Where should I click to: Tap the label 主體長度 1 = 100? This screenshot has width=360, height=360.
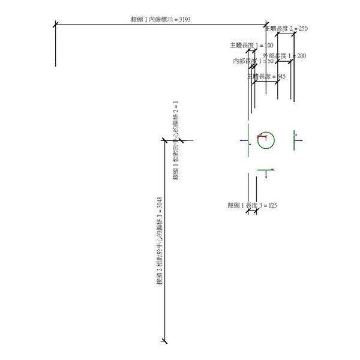(x=251, y=45)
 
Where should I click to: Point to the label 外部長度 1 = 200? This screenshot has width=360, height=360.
(x=284, y=56)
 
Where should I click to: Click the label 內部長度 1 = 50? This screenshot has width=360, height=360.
(x=253, y=61)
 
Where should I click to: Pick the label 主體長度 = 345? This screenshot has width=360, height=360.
(x=266, y=77)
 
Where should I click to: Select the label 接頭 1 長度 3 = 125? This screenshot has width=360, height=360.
(x=252, y=205)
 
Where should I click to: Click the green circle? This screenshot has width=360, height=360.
(x=266, y=141)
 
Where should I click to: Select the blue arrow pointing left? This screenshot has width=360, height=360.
(x=243, y=141)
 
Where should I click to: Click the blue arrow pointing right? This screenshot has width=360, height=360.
(x=299, y=141)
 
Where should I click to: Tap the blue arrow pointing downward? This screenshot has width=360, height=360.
(x=266, y=177)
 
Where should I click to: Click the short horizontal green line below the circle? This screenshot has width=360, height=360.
(x=265, y=170)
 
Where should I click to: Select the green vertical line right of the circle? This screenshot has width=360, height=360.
(x=294, y=140)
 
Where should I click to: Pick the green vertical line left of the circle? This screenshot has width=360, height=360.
(x=248, y=142)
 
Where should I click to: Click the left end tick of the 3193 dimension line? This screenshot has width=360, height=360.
(x=55, y=25)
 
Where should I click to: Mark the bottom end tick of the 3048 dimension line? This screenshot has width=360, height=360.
(x=165, y=341)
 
